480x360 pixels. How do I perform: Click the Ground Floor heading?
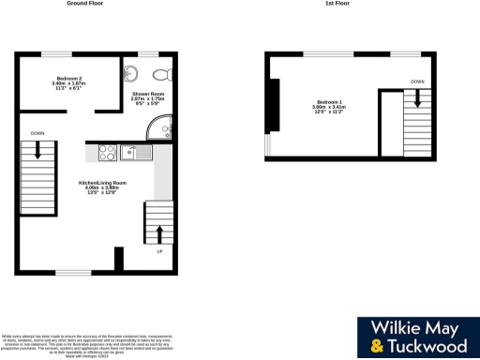84,4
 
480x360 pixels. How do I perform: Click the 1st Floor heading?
337,4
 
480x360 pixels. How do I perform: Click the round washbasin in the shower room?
133,75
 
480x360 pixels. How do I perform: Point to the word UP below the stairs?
157,251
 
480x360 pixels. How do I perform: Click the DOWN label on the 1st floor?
416,82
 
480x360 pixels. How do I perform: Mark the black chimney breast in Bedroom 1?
273,106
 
